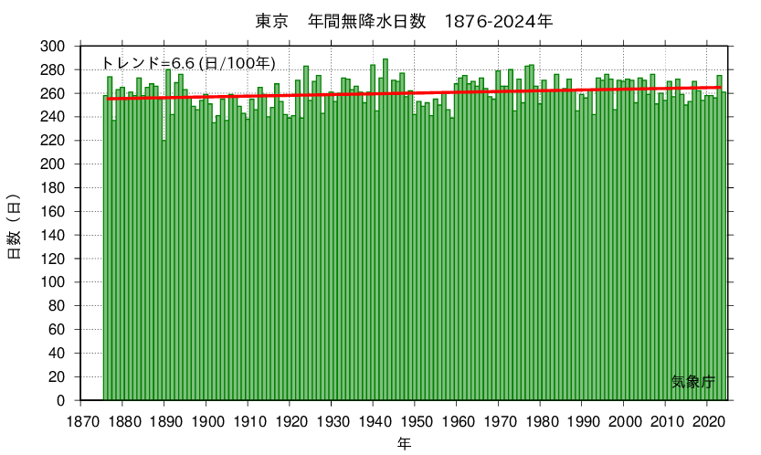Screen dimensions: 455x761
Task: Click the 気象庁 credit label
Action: [692, 381]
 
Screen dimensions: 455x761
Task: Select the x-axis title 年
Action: [403, 443]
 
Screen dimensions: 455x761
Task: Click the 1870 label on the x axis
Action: [81, 419]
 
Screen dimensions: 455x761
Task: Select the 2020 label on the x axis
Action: [707, 419]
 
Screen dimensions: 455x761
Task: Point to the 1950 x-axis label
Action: [415, 419]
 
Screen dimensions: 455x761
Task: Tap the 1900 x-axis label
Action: [206, 419]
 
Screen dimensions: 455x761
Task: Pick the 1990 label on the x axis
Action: [582, 419]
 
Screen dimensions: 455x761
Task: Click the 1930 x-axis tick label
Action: [332, 419]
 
